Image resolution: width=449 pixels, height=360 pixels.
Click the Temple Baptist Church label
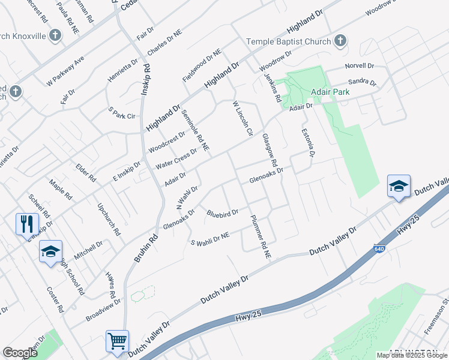pos(289,42)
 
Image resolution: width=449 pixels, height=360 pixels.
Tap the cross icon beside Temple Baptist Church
pos(340,41)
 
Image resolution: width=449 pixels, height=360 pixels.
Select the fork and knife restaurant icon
pos(27,224)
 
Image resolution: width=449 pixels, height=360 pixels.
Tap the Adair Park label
pos(330,93)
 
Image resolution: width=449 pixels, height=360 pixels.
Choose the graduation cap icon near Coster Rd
pos(50,251)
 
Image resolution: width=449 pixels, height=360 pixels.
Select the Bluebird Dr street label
pos(223,212)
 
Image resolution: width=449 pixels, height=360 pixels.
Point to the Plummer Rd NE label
pos(262,237)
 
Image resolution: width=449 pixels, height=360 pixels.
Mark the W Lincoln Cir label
pos(243,118)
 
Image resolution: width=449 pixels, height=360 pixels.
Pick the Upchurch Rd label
pos(109,219)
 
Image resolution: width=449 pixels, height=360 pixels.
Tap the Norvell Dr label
pos(359,66)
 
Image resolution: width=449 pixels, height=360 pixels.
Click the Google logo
pos(20,353)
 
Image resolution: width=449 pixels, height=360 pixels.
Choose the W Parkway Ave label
pos(65,71)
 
